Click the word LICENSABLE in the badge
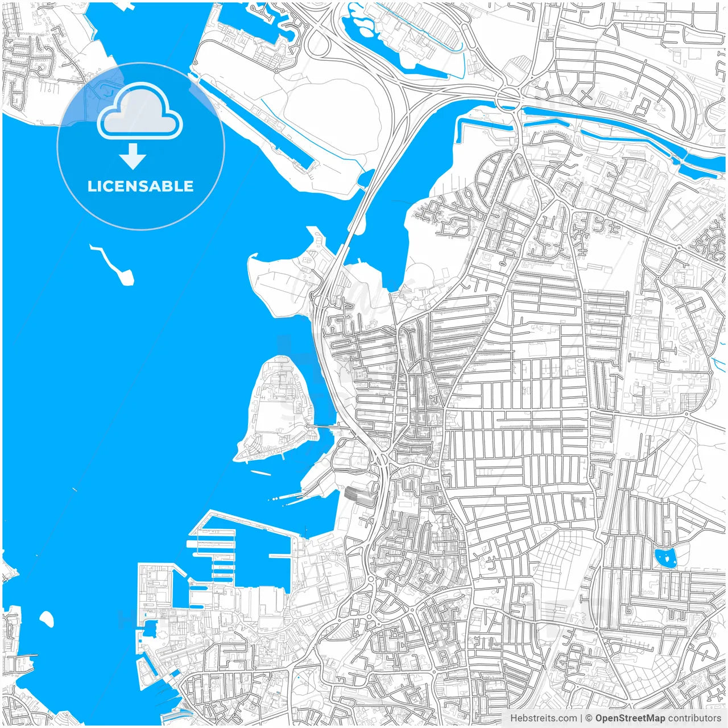pyautogui.click(x=140, y=186)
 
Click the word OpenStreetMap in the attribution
pyautogui.click(x=630, y=718)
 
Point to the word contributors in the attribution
pyautogui.click(x=694, y=718)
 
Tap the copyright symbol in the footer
pyautogui.click(x=589, y=718)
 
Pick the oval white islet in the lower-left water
pyautogui.click(x=47, y=619)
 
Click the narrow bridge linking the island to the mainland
pyautogui.click(x=324, y=425)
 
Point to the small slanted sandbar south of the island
pyautogui.click(x=260, y=473)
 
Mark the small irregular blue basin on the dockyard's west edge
pyautogui.click(x=150, y=628)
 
